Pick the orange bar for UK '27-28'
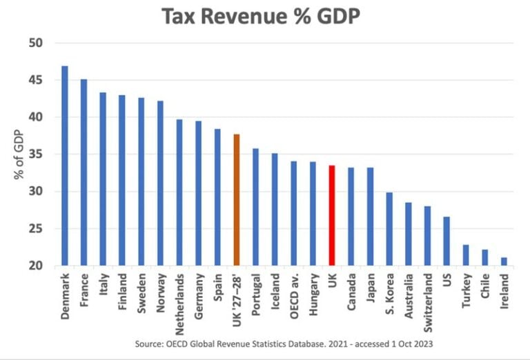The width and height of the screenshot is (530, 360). (237, 200)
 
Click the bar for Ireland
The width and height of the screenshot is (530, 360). (504, 261)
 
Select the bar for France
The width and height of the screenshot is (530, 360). (84, 172)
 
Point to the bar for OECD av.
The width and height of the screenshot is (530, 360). (294, 213)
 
